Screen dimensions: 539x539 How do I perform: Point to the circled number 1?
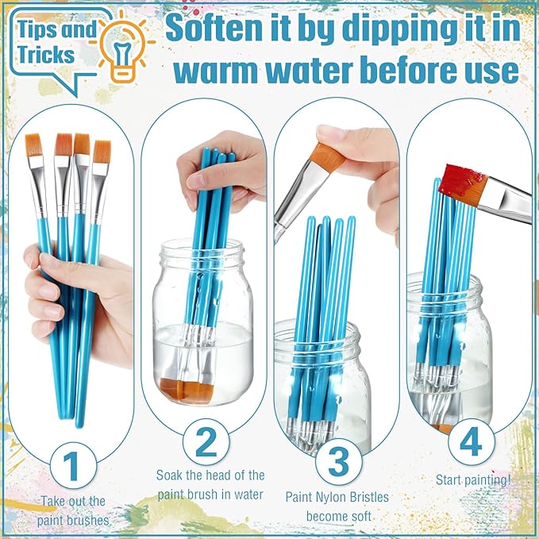(72, 465)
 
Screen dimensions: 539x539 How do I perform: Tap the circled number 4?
(471, 441)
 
